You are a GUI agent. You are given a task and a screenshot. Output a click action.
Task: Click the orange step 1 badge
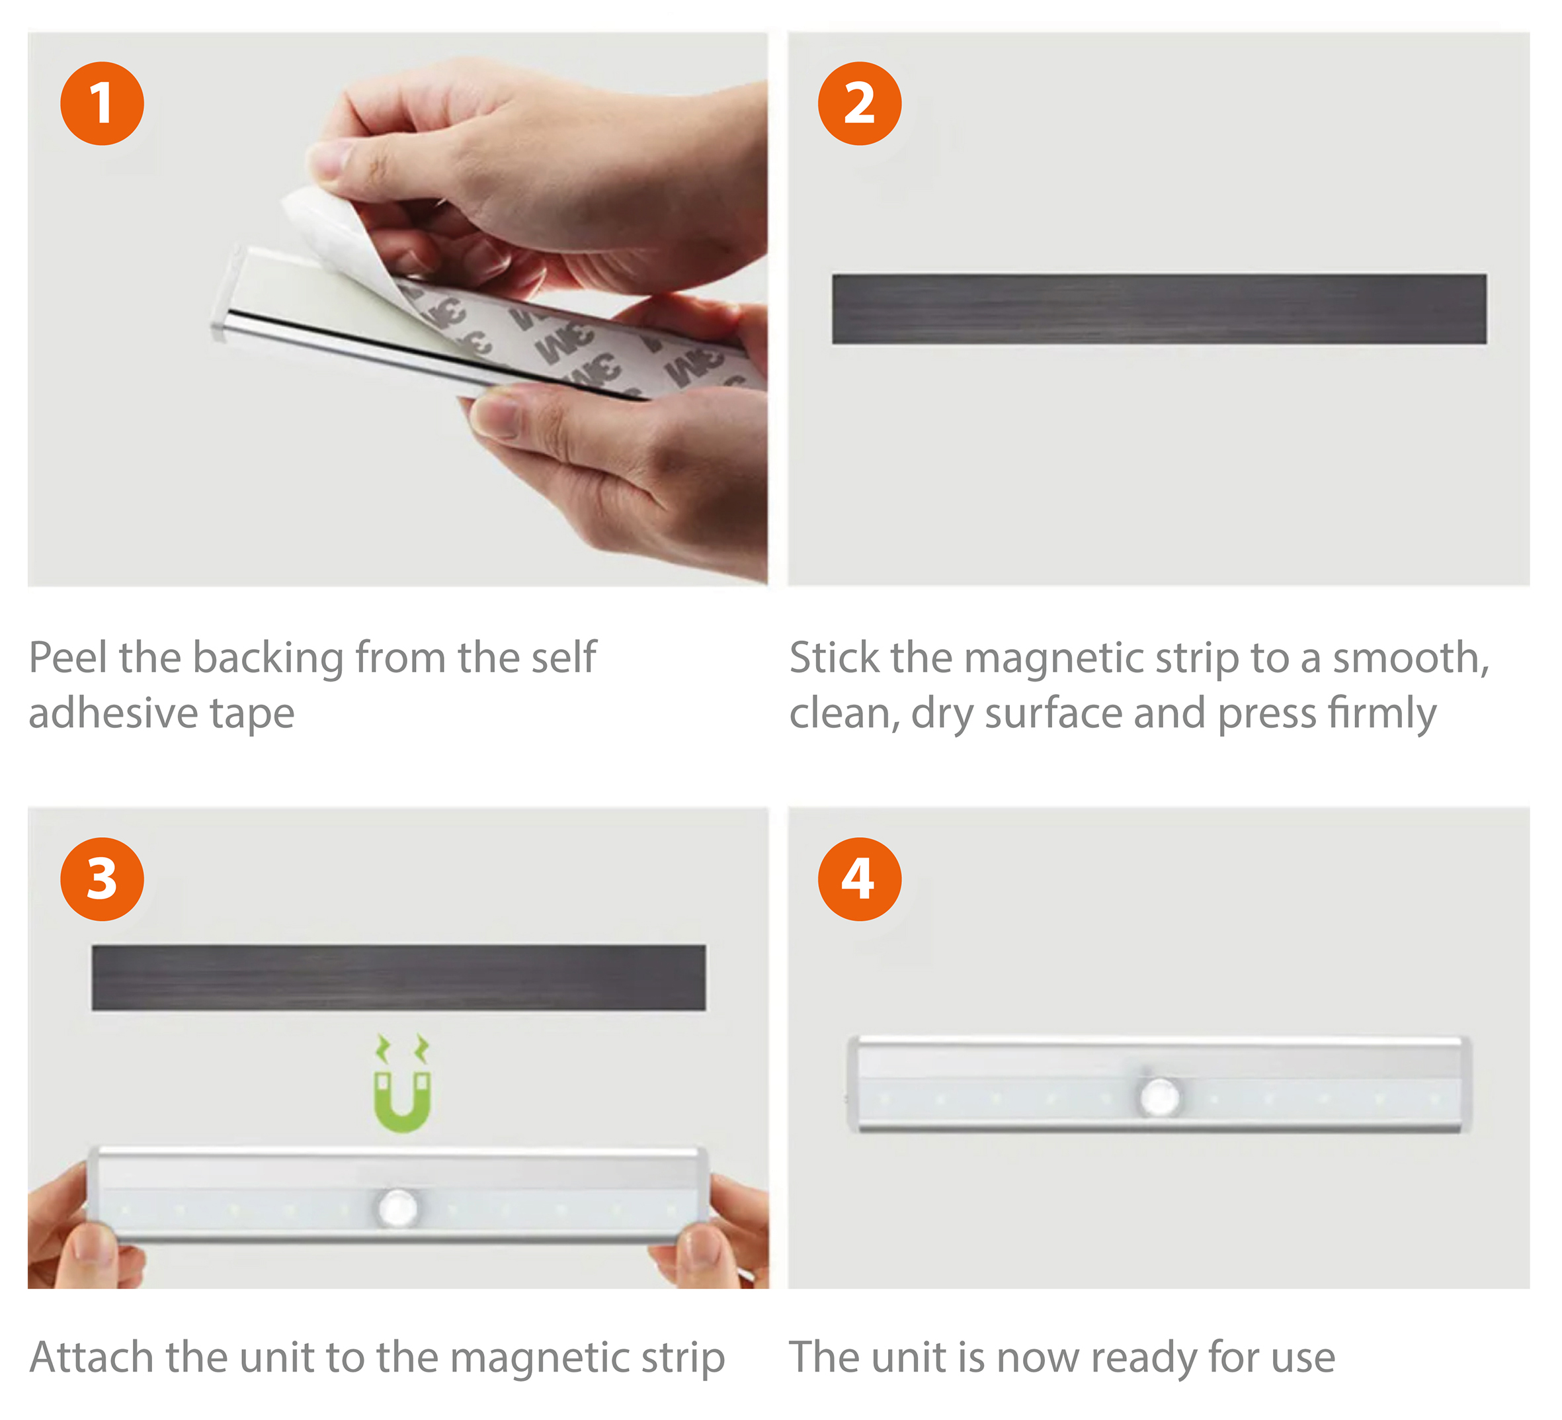pos(103,104)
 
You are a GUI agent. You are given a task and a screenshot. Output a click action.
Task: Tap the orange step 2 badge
pos(860,104)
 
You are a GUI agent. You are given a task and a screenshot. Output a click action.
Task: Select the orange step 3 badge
pos(103,879)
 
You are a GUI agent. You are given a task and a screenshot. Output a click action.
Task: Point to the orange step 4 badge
pos(860,879)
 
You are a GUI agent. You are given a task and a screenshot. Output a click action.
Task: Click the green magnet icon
pos(402,1084)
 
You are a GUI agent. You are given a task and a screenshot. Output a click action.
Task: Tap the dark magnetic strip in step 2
pos(1159,308)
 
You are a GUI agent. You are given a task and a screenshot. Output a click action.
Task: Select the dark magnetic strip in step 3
pos(398,977)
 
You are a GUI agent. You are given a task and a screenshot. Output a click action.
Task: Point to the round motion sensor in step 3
pos(399,1208)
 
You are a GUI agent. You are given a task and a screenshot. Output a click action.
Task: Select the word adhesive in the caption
pos(112,713)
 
